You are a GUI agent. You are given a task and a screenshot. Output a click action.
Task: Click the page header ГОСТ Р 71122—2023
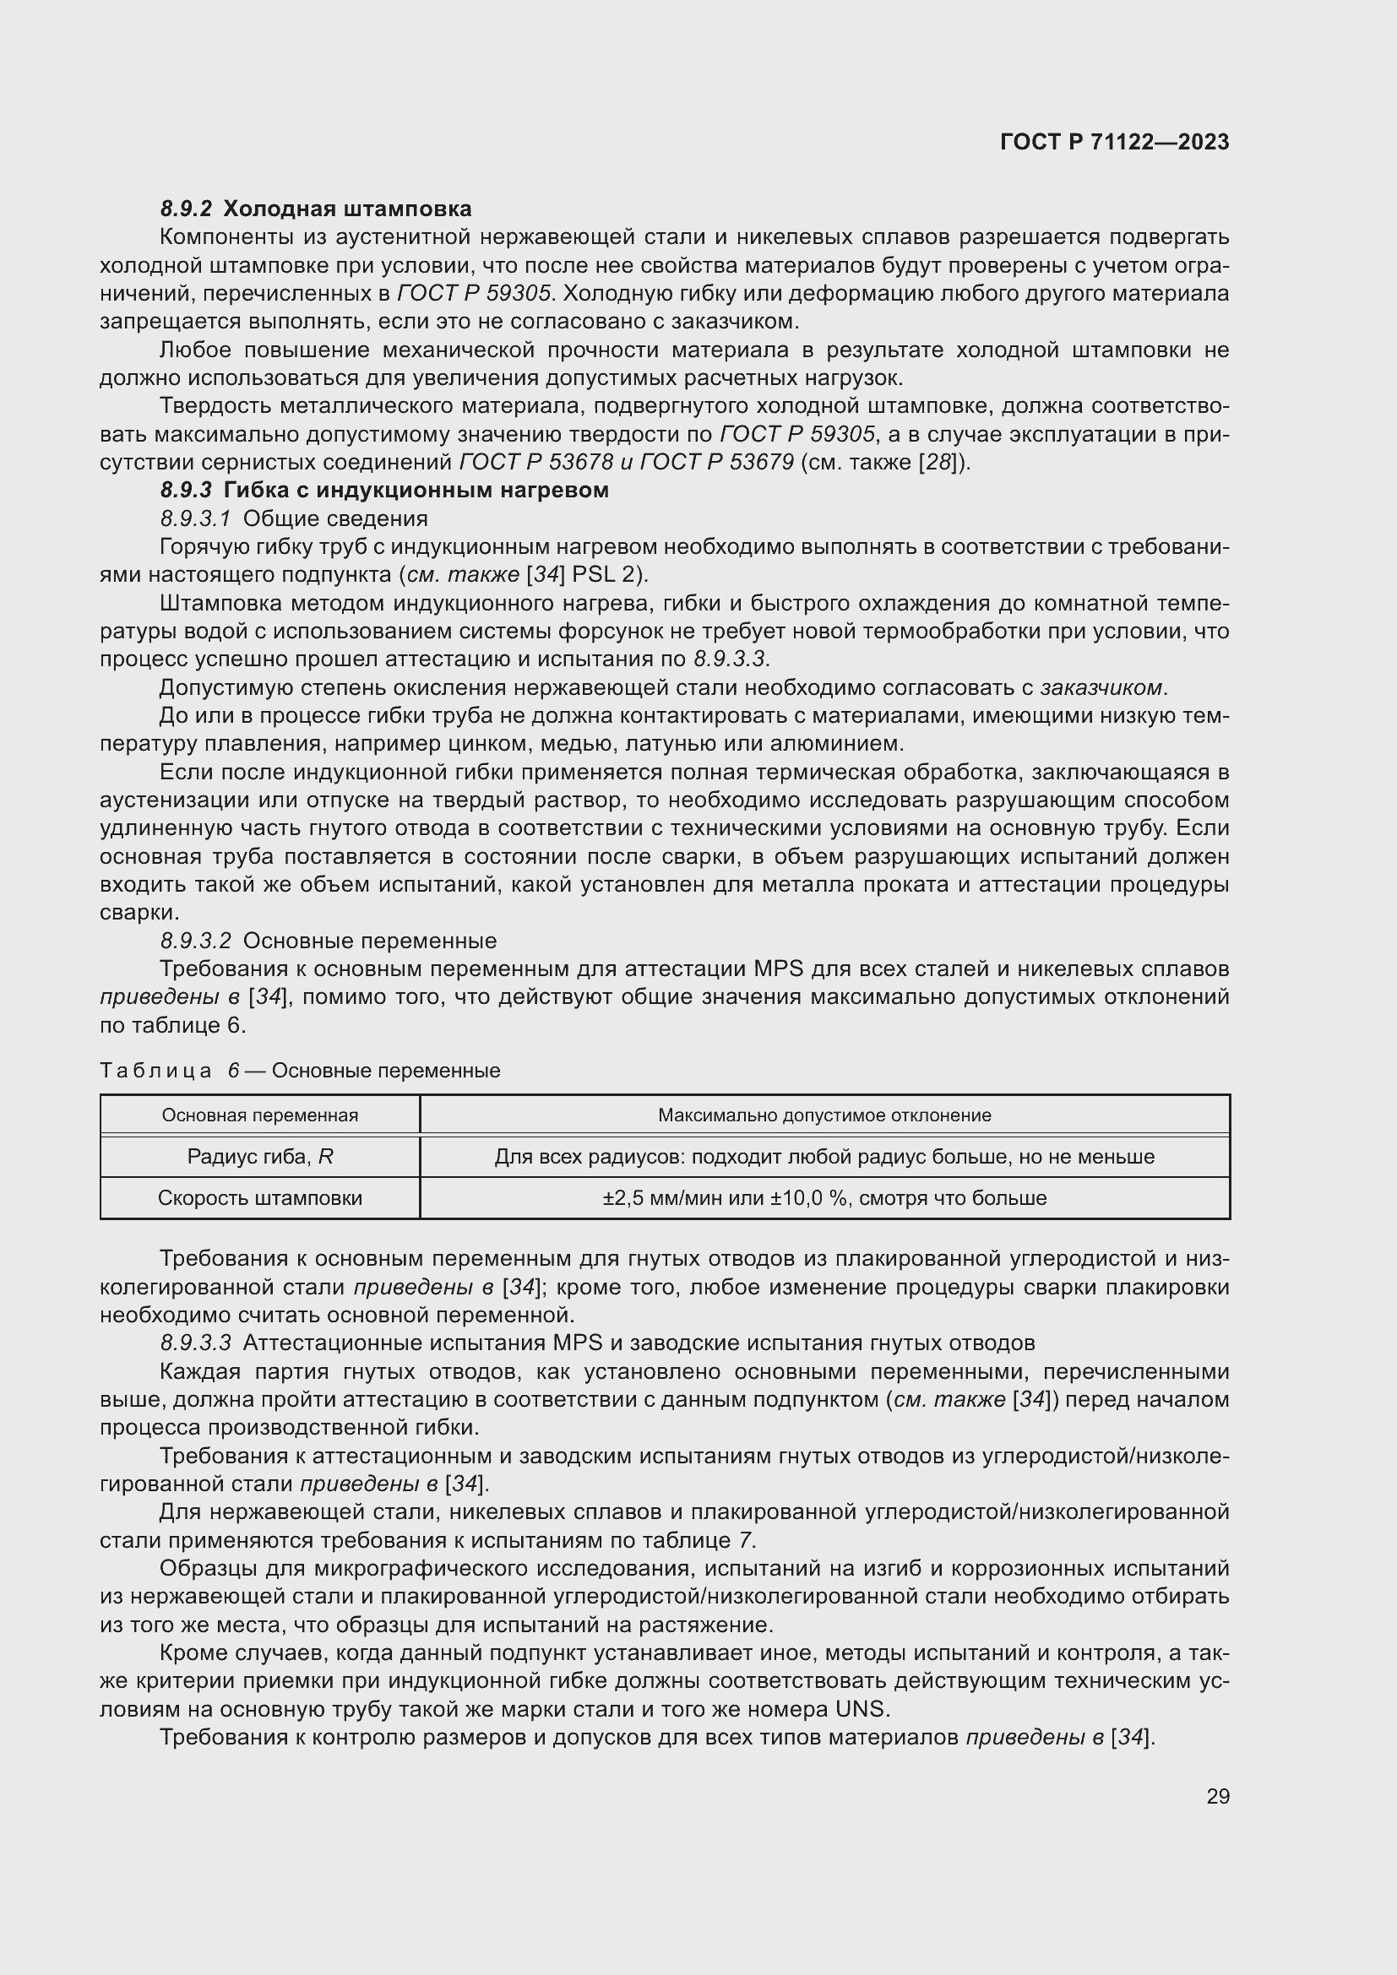pos(1114,142)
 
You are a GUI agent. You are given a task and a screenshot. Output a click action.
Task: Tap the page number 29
pos(1217,1796)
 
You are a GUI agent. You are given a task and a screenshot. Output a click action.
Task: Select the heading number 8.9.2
pos(186,209)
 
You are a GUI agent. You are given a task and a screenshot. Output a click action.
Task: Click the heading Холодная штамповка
pos(347,209)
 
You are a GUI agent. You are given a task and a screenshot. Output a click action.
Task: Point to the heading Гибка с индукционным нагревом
pos(416,491)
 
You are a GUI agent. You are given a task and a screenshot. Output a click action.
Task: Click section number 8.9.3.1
pos(196,518)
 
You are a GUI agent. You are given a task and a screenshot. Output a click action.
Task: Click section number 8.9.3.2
pos(196,941)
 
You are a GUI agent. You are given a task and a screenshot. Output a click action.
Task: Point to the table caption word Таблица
pos(155,1071)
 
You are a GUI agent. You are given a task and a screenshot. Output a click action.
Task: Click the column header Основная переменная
pos(260,1115)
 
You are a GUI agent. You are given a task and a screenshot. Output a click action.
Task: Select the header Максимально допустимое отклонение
pos(824,1115)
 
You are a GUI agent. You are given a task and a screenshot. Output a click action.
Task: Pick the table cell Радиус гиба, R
pos(260,1157)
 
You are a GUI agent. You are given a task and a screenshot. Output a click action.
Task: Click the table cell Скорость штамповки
pos(260,1198)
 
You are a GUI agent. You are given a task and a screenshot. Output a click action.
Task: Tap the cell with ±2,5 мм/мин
pos(824,1198)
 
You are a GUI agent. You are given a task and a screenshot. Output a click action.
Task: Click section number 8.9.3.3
pos(196,1343)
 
